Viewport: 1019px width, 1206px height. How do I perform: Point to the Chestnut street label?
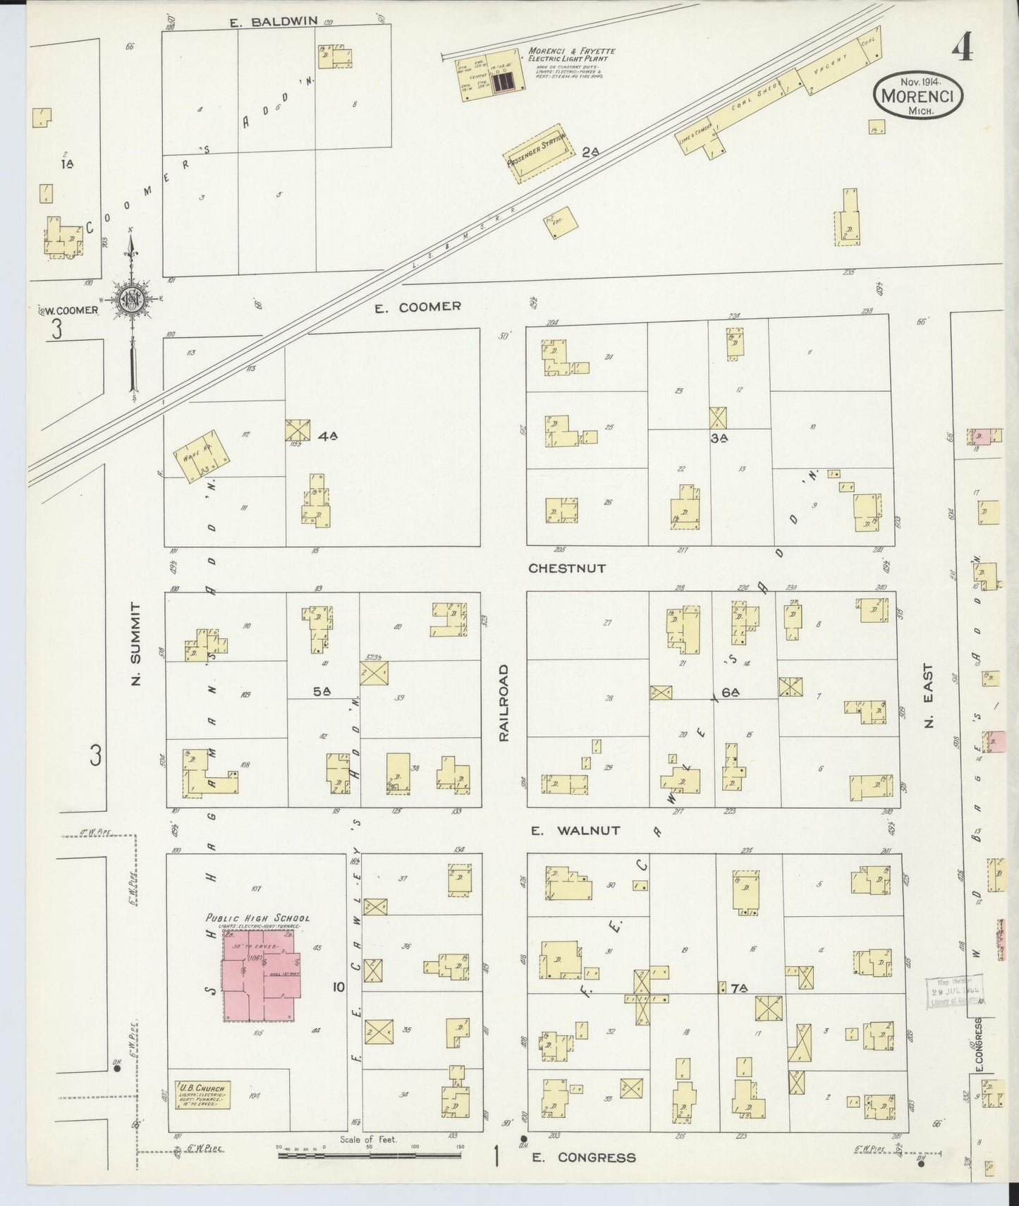click(567, 568)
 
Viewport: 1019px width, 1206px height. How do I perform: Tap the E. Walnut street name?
click(576, 831)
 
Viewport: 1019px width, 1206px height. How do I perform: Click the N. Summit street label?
click(136, 644)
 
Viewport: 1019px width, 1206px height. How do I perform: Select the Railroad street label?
click(504, 702)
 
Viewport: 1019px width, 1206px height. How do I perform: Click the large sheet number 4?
click(962, 49)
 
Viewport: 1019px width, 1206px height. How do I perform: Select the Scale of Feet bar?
click(369, 1155)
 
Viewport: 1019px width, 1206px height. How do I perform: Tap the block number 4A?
click(327, 437)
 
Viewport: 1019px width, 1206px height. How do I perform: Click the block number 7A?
click(738, 989)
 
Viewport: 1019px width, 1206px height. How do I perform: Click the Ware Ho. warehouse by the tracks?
click(202, 457)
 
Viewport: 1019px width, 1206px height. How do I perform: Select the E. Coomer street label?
click(417, 307)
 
